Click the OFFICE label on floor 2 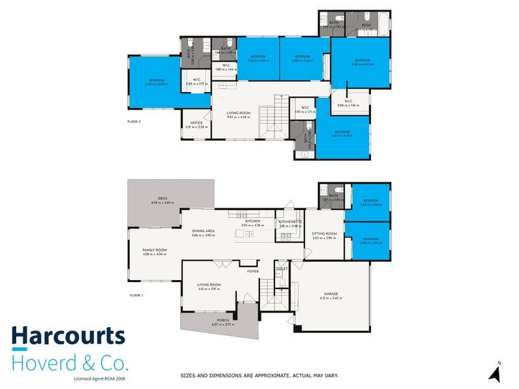196,123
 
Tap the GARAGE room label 331,294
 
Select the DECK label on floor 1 163,199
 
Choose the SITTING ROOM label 324,233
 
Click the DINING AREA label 203,231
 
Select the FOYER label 252,272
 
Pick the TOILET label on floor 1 282,268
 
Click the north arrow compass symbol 495,373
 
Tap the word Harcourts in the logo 67,336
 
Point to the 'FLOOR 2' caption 134,121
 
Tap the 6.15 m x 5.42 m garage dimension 331,298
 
